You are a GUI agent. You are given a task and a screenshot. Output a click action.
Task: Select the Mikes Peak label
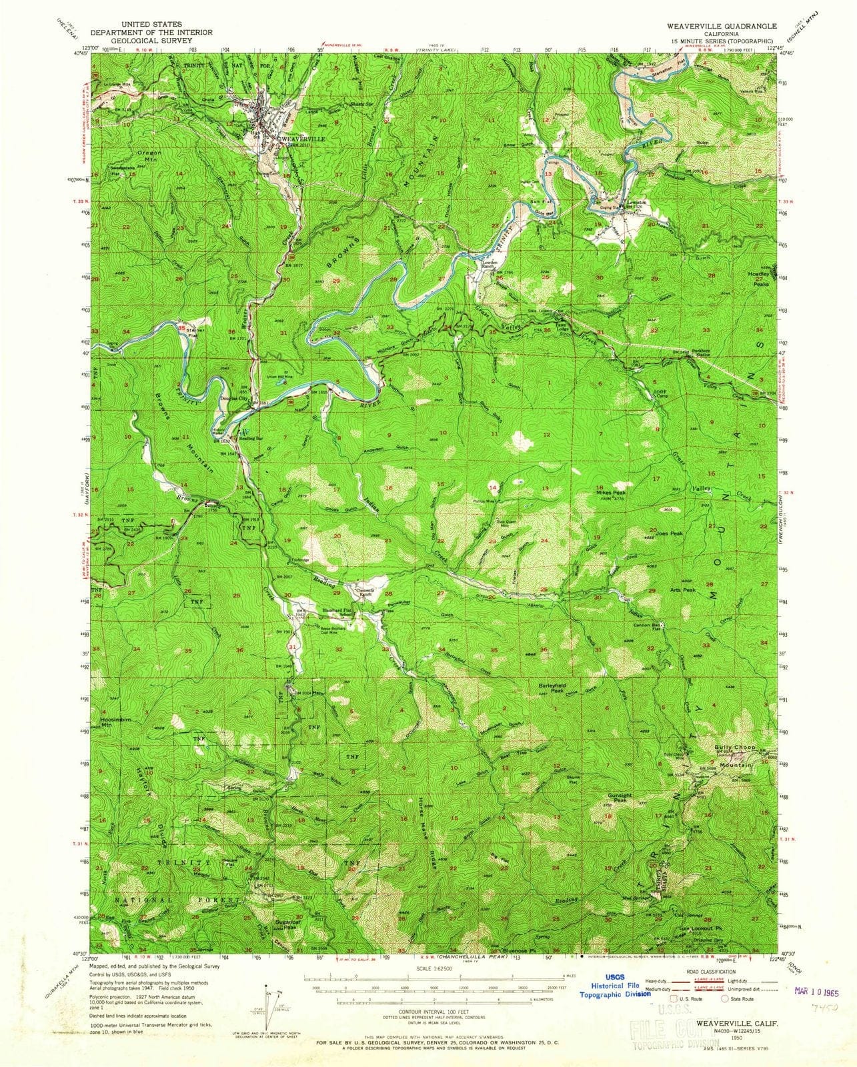point(610,487)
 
